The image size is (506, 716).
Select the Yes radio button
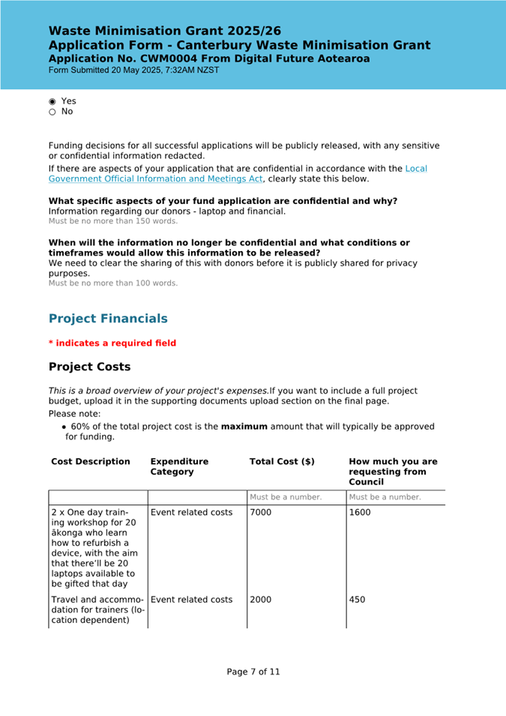coord(52,101)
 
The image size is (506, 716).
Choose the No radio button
coord(52,112)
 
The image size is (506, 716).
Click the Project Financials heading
coord(108,319)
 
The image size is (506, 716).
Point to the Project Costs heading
coord(89,367)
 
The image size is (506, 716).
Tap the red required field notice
coord(112,343)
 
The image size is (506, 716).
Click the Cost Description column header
coord(91,462)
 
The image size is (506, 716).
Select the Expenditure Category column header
coord(179,466)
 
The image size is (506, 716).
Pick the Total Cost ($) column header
coord(282,462)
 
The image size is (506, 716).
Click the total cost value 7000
coord(261,513)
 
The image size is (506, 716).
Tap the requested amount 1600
coord(360,513)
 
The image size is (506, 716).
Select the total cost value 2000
coord(261,600)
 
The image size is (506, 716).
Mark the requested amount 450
coord(357,600)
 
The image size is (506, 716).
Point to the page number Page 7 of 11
coord(253,672)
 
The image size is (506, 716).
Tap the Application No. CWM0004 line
coord(209,58)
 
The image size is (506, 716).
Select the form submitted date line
coord(134,70)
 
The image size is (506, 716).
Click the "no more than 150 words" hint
coord(113,221)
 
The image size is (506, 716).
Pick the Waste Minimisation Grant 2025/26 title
coord(165,31)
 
